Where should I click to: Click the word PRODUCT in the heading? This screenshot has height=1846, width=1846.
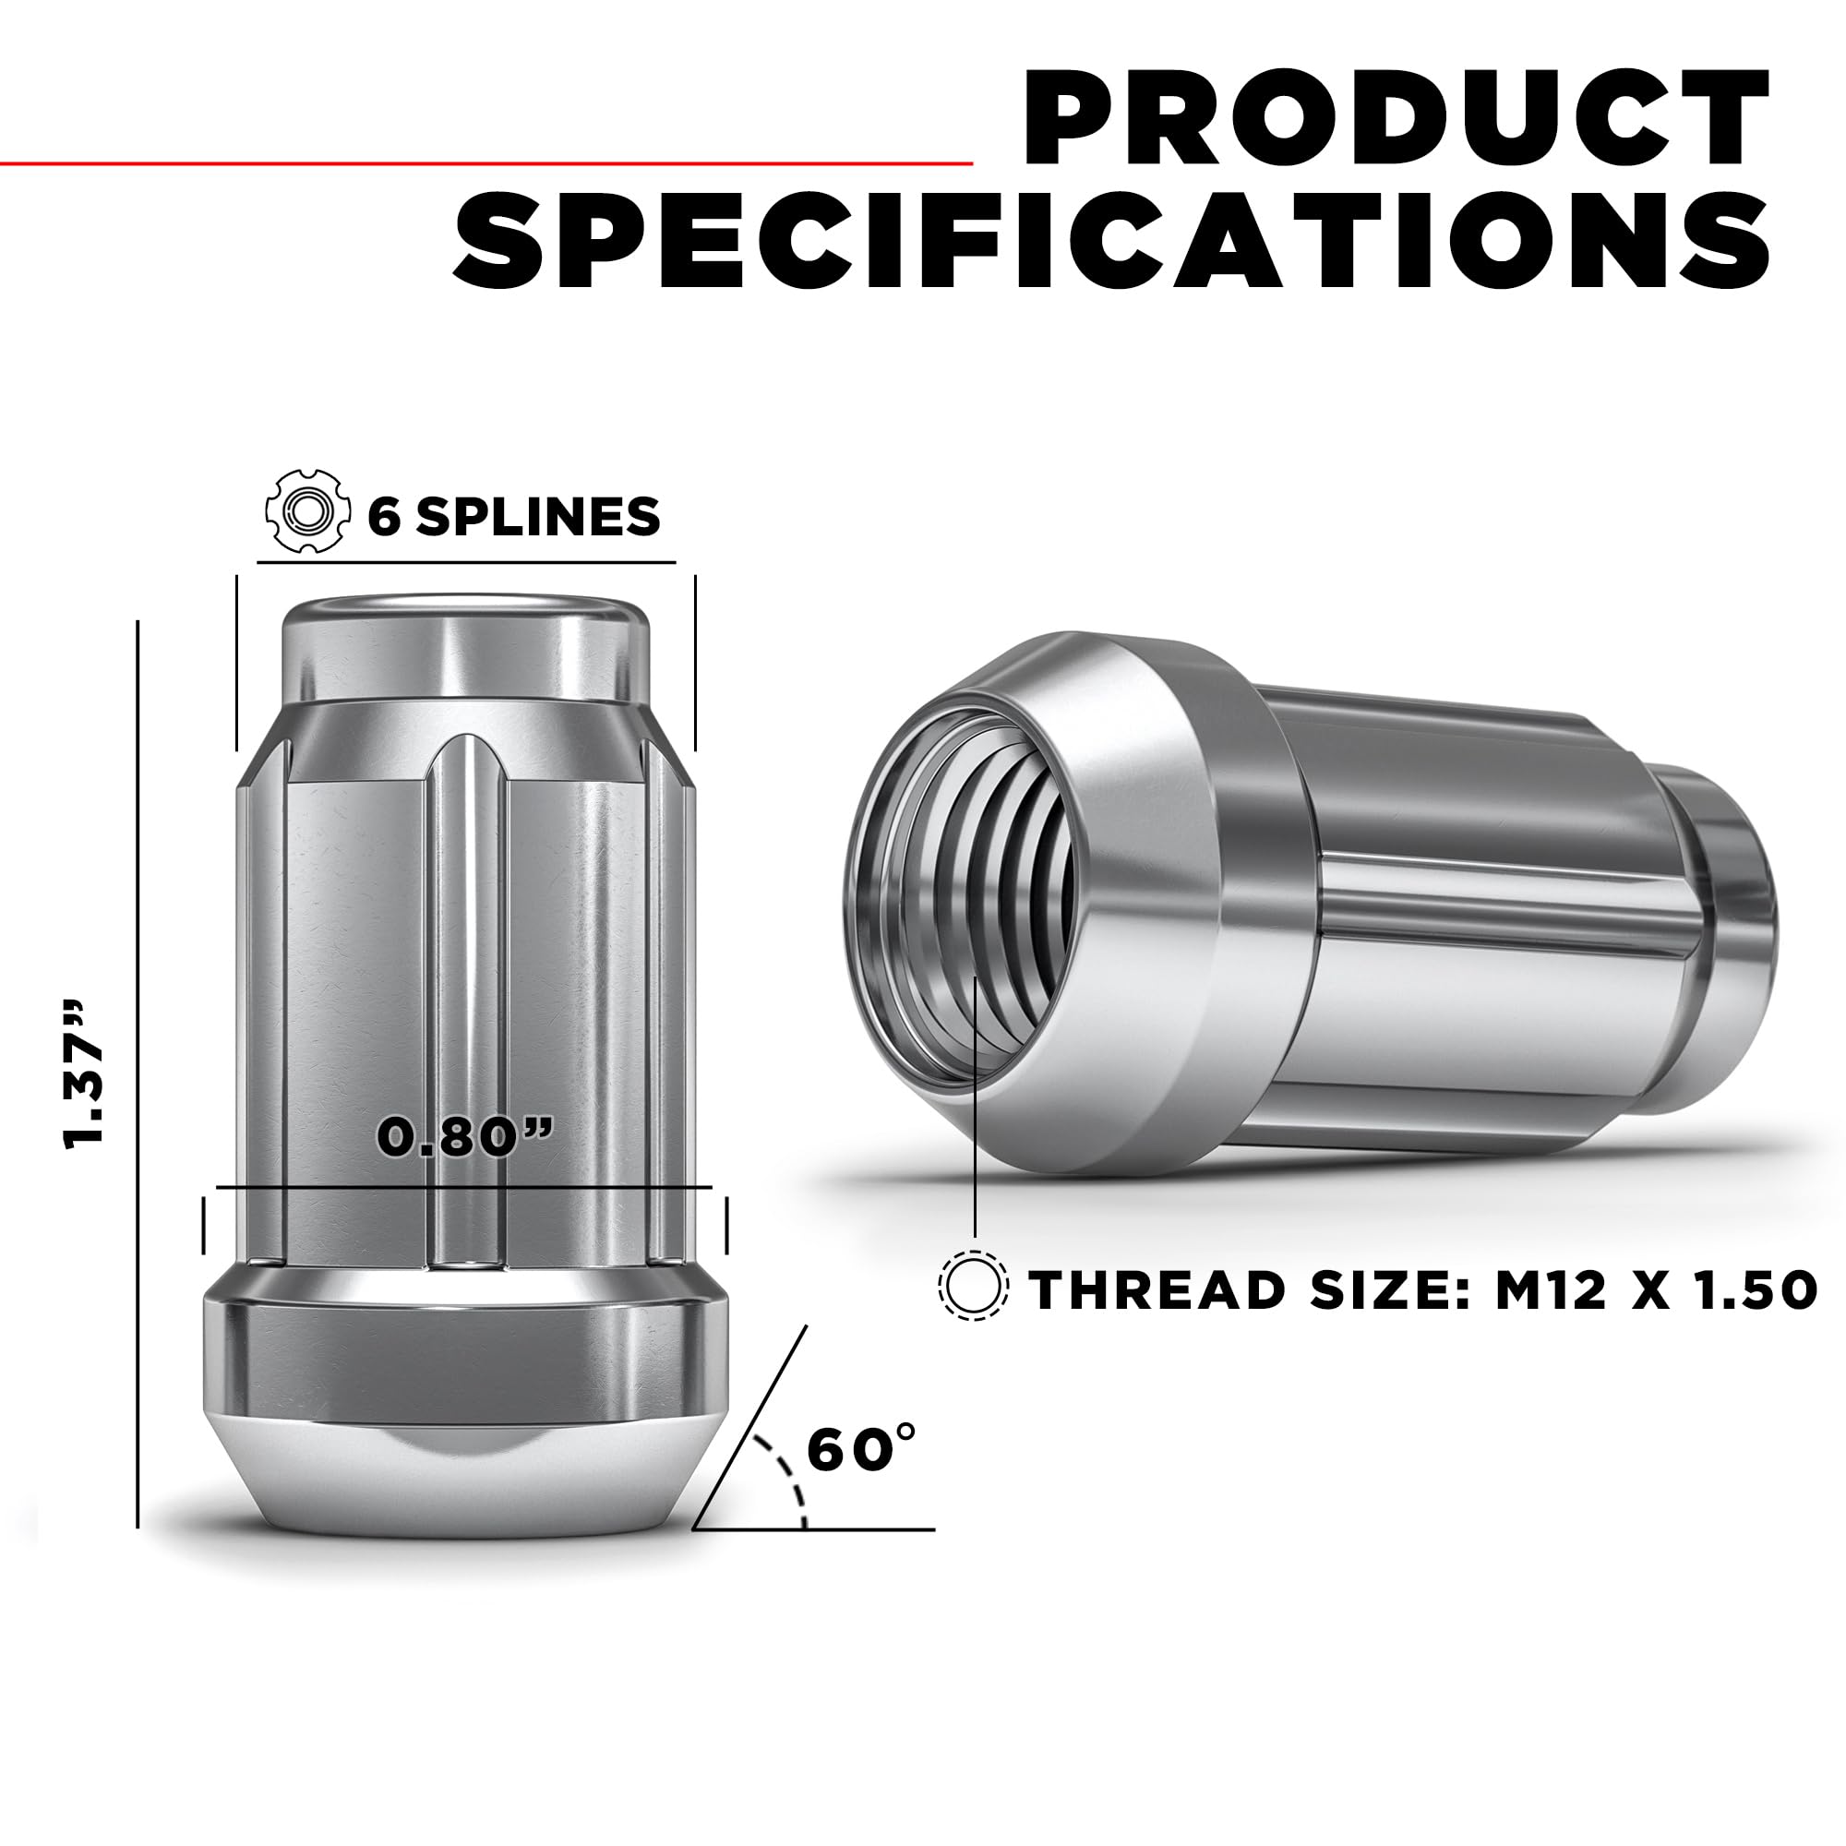1395,119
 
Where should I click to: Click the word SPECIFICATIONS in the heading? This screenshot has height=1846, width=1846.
1111,243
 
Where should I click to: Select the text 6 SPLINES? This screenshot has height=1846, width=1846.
514,517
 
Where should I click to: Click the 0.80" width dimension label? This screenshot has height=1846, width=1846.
465,1136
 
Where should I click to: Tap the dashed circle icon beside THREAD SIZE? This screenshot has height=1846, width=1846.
974,1285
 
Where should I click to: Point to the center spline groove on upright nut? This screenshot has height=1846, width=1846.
465,1003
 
